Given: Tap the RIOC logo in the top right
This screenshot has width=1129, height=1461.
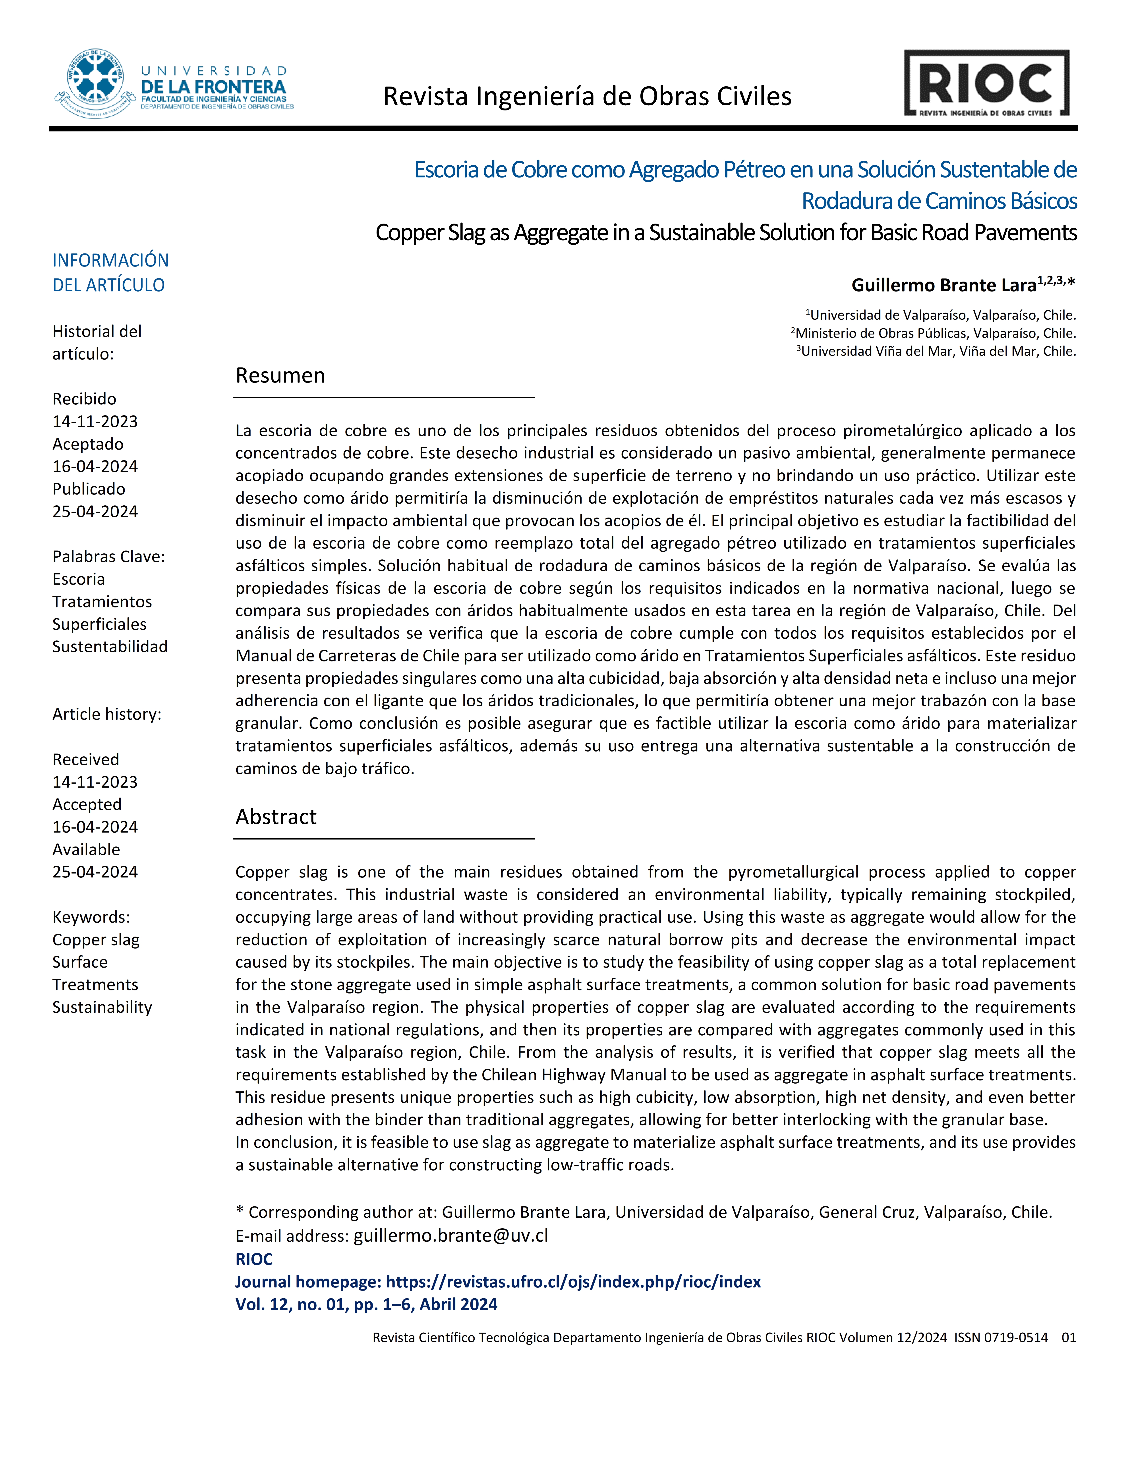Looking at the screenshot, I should click(986, 84).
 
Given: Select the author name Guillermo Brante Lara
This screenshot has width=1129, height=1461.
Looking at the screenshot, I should click(943, 286).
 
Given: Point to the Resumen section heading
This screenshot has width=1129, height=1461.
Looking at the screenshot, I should click(280, 376).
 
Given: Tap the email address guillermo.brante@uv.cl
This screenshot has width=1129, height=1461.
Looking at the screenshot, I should click(451, 1236).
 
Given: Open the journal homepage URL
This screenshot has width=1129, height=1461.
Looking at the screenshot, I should click(573, 1282).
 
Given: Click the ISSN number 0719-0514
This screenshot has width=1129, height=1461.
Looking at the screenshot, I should click(1015, 1337).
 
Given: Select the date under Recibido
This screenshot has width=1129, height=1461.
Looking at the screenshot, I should click(95, 421).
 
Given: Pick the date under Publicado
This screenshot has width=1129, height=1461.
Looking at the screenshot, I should click(95, 512).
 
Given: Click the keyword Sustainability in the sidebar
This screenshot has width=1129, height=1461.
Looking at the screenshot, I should click(102, 1007).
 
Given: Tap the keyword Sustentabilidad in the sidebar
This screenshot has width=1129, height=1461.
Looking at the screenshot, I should click(110, 647).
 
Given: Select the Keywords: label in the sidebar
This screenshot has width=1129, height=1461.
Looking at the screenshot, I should click(91, 917).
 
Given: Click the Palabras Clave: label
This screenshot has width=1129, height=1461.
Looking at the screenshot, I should click(108, 557).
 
